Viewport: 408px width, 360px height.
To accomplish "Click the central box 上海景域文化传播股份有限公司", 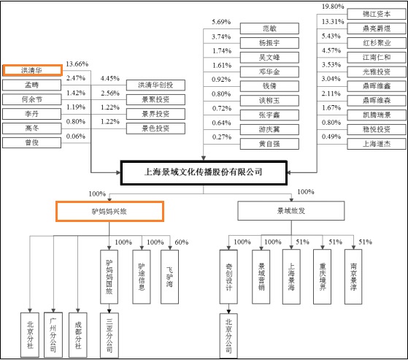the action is pos(204,172).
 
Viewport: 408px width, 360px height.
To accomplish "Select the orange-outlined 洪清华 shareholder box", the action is pos(33,70).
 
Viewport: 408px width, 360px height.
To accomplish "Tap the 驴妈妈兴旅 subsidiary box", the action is pos(109,211).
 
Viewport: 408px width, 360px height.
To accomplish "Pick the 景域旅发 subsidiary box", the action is pos(291,210).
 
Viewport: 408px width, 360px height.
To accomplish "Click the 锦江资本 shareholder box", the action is pos(377,14).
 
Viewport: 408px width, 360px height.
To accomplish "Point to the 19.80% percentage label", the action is pos(333,7).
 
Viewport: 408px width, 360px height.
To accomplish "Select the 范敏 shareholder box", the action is pos(269,28).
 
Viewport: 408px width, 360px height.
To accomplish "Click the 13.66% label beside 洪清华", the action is pos(77,64).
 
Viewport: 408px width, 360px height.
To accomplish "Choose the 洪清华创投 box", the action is pos(155,85).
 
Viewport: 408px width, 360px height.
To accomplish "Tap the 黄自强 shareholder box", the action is pos(269,144).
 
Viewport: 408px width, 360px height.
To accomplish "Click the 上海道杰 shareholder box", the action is pos(377,144).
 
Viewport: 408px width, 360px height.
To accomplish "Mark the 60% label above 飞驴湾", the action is pos(181,242).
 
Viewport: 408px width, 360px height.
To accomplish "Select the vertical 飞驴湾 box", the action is pos(169,277).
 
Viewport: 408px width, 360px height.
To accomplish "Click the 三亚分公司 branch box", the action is pos(109,335).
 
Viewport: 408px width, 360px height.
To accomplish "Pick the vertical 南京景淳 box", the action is pos(353,277).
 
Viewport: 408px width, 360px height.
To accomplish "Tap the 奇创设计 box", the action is pos(228,277).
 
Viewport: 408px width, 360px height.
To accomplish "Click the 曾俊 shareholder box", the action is pos(31,142).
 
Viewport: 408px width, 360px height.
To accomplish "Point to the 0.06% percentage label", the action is pos(76,137).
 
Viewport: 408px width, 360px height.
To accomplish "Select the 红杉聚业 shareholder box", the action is pos(377,43).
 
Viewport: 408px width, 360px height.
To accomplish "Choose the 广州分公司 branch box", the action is pos(53,335).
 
